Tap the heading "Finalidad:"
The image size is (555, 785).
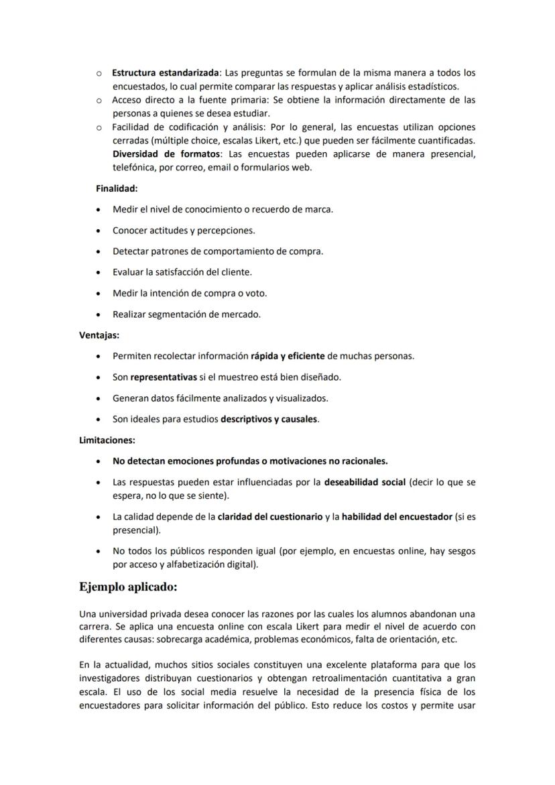point(117,189)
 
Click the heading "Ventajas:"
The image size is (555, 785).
point(99,335)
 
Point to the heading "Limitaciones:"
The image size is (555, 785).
point(107,440)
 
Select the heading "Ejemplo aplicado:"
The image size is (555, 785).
point(128,588)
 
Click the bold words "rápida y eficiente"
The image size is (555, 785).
point(288,356)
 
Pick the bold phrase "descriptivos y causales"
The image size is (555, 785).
point(269,420)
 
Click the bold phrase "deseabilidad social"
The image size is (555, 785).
point(365,482)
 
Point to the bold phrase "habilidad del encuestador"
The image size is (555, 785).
point(397,516)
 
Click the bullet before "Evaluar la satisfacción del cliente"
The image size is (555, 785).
point(99,273)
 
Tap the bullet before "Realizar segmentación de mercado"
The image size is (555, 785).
point(99,314)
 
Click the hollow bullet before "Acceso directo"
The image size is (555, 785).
point(99,100)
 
